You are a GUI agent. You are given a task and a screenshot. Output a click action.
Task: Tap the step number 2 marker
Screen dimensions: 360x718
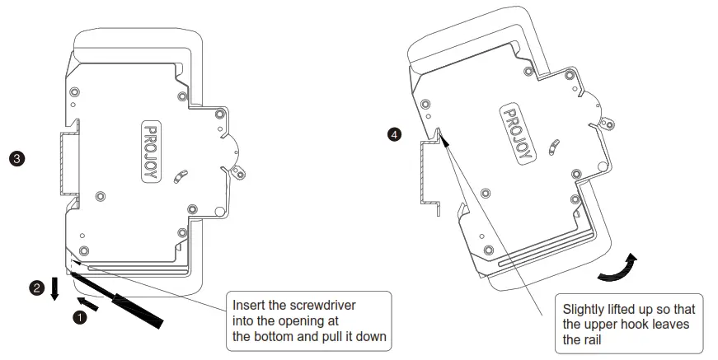[x=36, y=288]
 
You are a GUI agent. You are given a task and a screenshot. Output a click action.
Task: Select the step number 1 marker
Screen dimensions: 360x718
[x=80, y=316]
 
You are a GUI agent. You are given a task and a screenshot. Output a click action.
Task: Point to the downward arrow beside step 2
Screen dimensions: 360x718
[x=55, y=289]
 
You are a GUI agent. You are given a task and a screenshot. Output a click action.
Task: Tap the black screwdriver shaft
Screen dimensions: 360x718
[x=132, y=300]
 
